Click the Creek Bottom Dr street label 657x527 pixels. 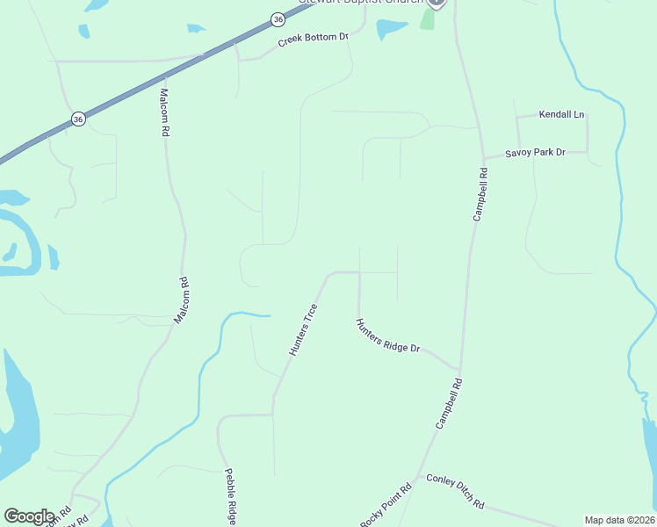(314, 40)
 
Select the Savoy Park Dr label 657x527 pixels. (534, 153)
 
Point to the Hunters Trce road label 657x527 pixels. (303, 329)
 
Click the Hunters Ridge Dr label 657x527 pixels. (388, 336)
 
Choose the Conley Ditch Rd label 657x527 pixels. (455, 491)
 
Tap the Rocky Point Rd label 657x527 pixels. (386, 507)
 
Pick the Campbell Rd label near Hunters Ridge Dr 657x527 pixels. (448, 403)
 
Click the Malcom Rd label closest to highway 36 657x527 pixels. (164, 112)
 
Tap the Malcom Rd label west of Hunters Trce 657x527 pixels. (182, 300)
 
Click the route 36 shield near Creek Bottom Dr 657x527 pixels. (278, 18)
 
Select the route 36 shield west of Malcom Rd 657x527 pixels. (78, 119)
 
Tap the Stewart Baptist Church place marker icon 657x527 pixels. (437, 3)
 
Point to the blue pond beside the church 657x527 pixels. (391, 30)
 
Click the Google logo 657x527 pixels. (29, 516)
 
